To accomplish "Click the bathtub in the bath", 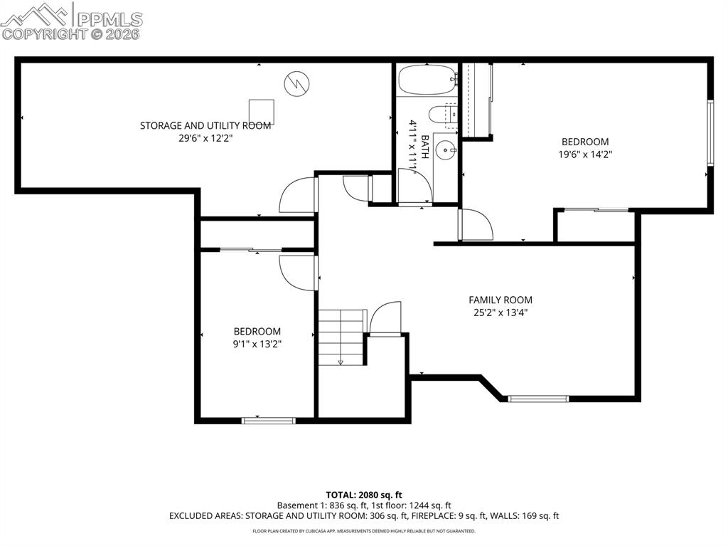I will coord(427,80).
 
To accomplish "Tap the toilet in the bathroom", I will coord(439,115).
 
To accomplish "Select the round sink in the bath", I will coord(446,149).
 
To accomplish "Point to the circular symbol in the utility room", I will coord(296,83).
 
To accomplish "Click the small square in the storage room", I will coord(261,111).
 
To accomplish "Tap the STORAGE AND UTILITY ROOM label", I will coord(205,126).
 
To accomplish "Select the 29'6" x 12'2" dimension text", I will coord(205,139).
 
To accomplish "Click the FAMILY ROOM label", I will coord(500,300).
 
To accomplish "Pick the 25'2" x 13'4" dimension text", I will coord(500,312).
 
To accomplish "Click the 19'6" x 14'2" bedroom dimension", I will coord(585,154).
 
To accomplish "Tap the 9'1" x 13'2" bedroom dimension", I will coord(257,343).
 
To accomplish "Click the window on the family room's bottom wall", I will coord(538,399).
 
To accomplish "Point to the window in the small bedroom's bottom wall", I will coord(269,421).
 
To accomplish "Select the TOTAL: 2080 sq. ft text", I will coord(364,494).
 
